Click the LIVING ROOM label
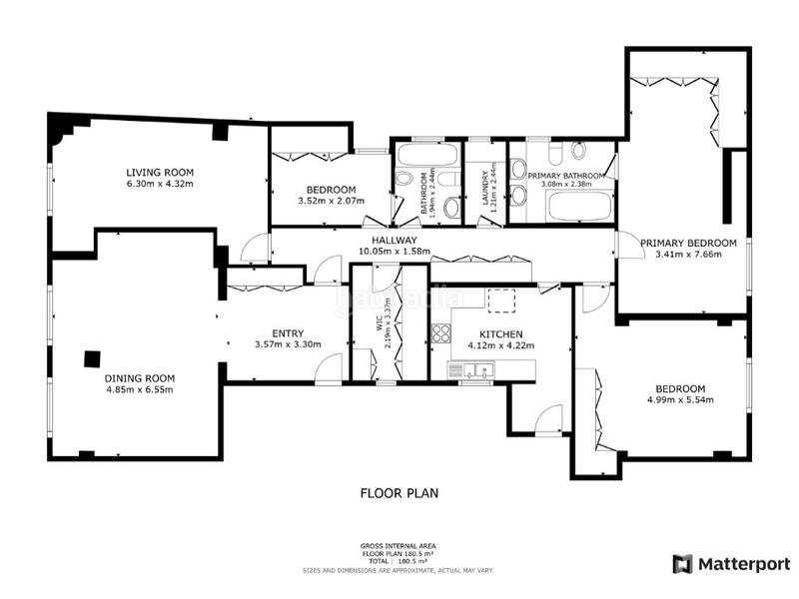coord(159,172)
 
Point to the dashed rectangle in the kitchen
coord(500,299)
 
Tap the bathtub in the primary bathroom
coord(578,208)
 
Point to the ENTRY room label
coord(287,333)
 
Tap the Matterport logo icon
coord(682,564)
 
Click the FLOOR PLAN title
coord(399,492)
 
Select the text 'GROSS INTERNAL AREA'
coord(398,545)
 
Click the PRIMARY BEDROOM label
coord(688,243)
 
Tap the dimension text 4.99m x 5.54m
coord(680,400)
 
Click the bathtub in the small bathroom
coord(426,155)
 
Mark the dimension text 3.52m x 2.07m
coord(331,201)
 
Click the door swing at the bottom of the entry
coord(328,371)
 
